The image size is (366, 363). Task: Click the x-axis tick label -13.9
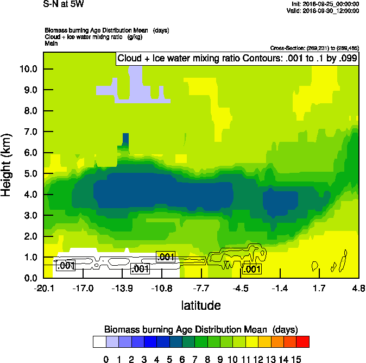pyautogui.click(x=122, y=287)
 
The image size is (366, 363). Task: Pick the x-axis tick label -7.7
pyautogui.click(x=201, y=287)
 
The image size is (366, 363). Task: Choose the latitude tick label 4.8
pyautogui.click(x=358, y=287)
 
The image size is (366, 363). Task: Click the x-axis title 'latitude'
pyautogui.click(x=201, y=305)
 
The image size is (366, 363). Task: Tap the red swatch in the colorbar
pyautogui.click(x=303, y=342)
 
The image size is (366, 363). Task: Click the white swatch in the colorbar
pyautogui.click(x=99, y=342)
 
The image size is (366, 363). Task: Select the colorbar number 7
pyautogui.click(x=195, y=359)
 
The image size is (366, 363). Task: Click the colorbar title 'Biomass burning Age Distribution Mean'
pyautogui.click(x=200, y=329)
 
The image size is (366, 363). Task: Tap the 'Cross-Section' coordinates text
pyautogui.click(x=314, y=48)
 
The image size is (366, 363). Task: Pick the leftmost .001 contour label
pyautogui.click(x=66, y=266)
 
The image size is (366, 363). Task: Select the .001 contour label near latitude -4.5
pyautogui.click(x=253, y=269)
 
